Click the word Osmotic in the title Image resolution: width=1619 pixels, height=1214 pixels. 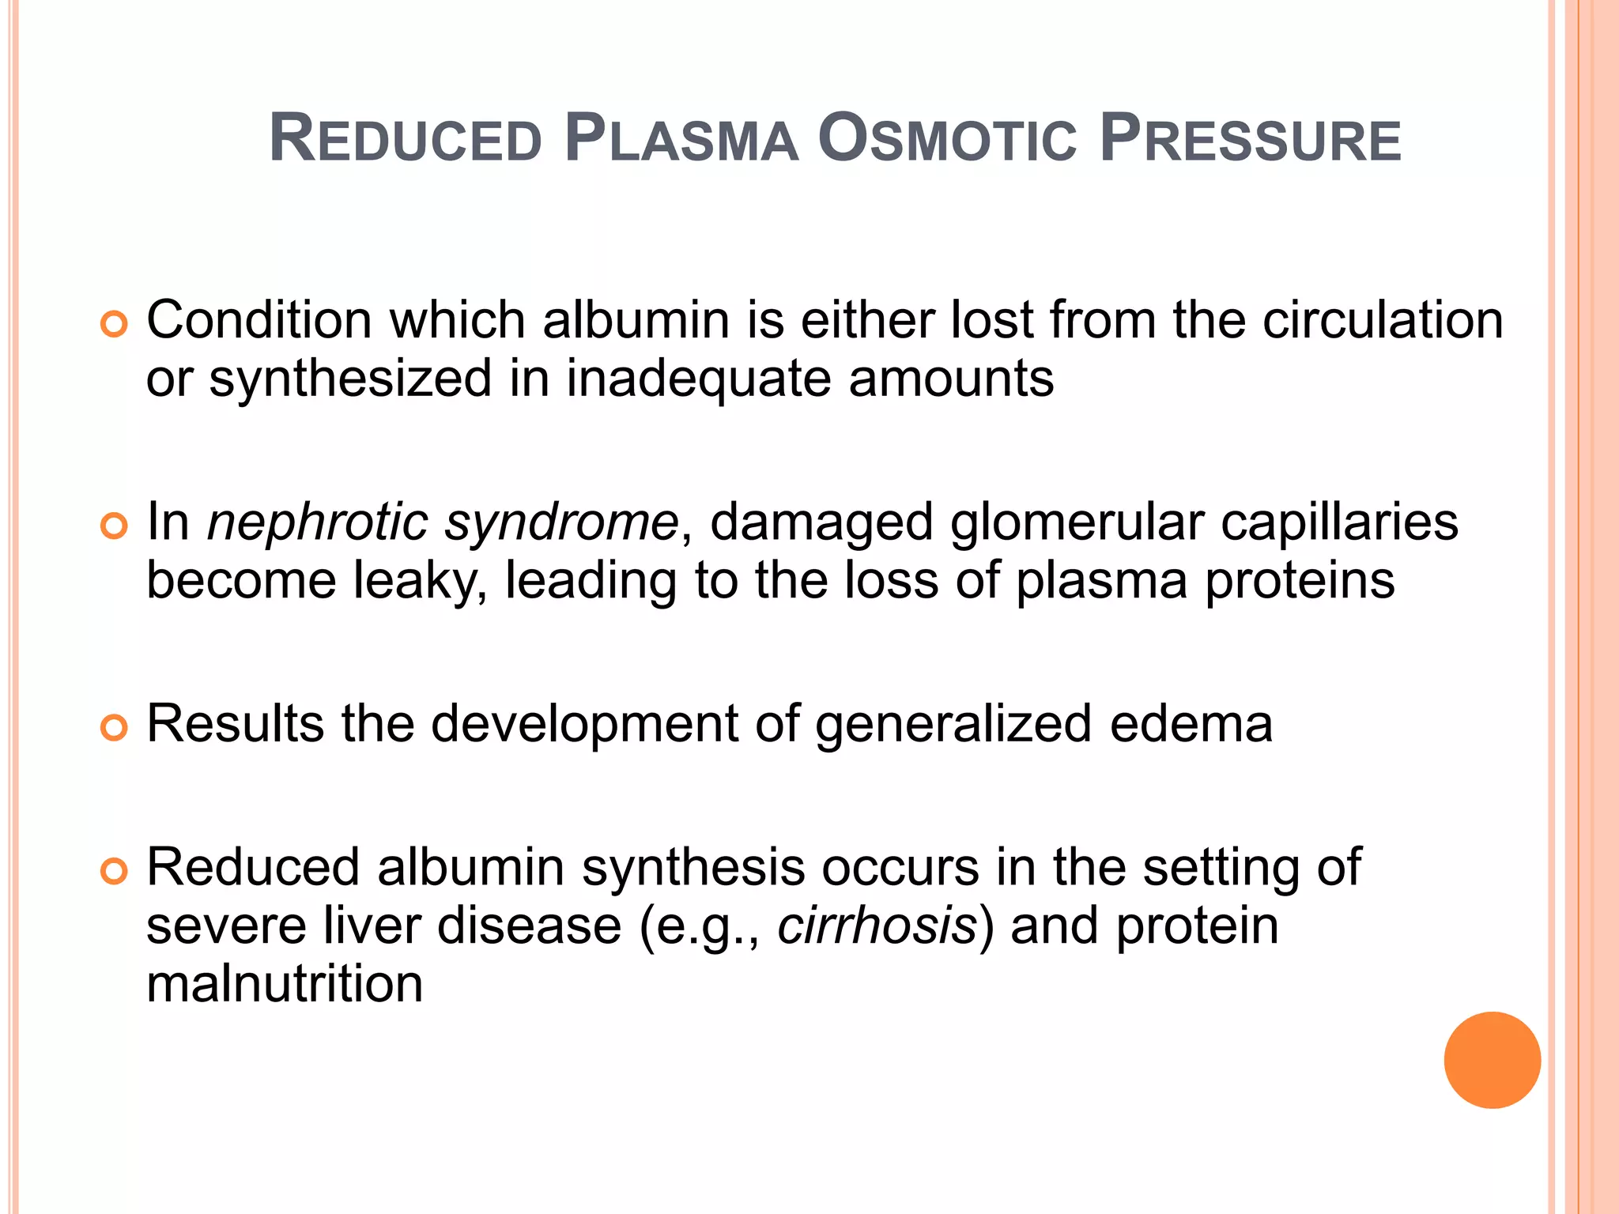(x=947, y=139)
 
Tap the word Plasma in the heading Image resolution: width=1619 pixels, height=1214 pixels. (x=681, y=139)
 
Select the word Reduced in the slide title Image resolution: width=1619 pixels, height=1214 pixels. (x=406, y=139)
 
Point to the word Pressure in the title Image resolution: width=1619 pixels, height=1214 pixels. (x=1250, y=139)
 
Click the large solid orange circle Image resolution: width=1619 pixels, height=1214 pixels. (x=1492, y=1060)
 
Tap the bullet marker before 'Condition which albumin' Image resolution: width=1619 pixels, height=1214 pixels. (x=115, y=324)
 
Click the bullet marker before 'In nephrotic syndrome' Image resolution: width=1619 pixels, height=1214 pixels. (x=115, y=526)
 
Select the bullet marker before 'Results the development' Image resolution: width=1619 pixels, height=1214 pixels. (x=115, y=727)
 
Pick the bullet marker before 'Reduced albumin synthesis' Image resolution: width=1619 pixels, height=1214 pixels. (x=115, y=871)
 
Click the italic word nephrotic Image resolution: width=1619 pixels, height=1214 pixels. (x=317, y=522)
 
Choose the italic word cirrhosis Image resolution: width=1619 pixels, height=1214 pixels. (x=877, y=926)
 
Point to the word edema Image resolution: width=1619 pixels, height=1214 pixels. (x=1191, y=724)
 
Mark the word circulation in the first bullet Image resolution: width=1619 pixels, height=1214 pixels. (x=1383, y=321)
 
